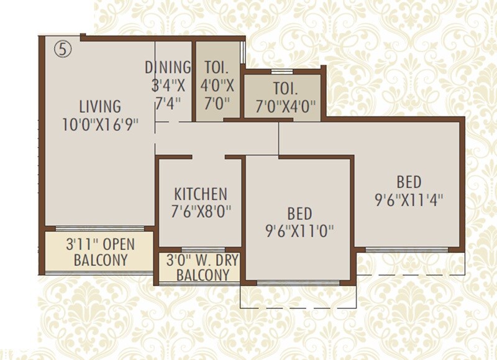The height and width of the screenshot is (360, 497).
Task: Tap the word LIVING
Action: pyautogui.click(x=99, y=106)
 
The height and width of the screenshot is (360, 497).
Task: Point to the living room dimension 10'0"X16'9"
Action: pyautogui.click(x=99, y=124)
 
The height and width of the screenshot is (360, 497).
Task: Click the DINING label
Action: pyautogui.click(x=168, y=67)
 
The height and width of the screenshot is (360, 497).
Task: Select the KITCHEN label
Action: pyautogui.click(x=200, y=193)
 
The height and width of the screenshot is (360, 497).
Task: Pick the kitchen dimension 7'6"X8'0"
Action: pyautogui.click(x=200, y=211)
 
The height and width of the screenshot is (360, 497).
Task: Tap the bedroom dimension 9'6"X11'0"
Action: pyautogui.click(x=299, y=231)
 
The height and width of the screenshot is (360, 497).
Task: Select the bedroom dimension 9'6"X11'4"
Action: pyautogui.click(x=409, y=200)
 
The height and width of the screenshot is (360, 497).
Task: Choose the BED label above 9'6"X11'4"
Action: pyautogui.click(x=409, y=182)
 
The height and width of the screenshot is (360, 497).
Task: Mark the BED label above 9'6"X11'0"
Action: pyautogui.click(x=299, y=214)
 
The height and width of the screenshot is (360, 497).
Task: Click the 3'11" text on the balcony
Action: pyautogui.click(x=80, y=244)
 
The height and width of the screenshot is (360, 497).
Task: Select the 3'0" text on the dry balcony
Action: pyautogui.click(x=179, y=259)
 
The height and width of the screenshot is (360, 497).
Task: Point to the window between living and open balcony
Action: pyautogui.click(x=99, y=229)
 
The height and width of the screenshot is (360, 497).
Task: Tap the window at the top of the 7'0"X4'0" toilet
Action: pyautogui.click(x=283, y=72)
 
